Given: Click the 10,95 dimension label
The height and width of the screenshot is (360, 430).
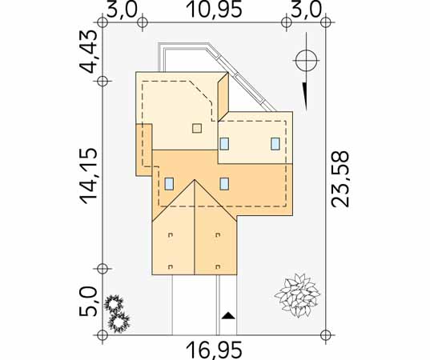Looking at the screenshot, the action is (214, 10).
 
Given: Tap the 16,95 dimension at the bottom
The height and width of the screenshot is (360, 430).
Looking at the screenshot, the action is (214, 350).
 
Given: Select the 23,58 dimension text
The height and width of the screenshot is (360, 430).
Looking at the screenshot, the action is (340, 179).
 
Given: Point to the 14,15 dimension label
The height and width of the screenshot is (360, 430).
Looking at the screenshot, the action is (88, 176).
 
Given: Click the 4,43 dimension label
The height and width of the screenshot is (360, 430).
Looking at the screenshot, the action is (88, 51).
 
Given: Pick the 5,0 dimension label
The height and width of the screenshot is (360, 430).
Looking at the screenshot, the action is (88, 302).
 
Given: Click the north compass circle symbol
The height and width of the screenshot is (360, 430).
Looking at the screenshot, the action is (306, 60).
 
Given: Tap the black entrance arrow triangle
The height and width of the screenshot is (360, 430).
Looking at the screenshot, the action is (228, 316).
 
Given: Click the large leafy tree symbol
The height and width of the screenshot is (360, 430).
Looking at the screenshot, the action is (297, 295).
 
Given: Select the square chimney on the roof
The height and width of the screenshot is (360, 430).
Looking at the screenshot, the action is (197, 128).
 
